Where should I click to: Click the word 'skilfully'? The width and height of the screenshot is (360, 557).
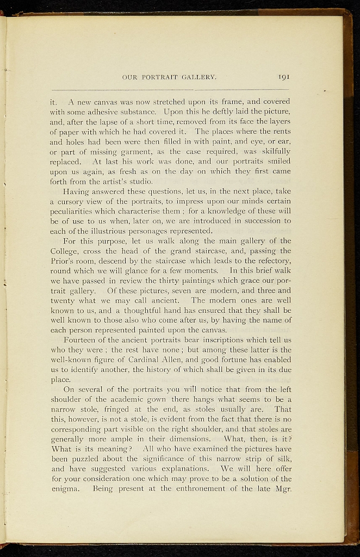coord(274,151)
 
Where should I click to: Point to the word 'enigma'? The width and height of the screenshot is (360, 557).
coord(65,489)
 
